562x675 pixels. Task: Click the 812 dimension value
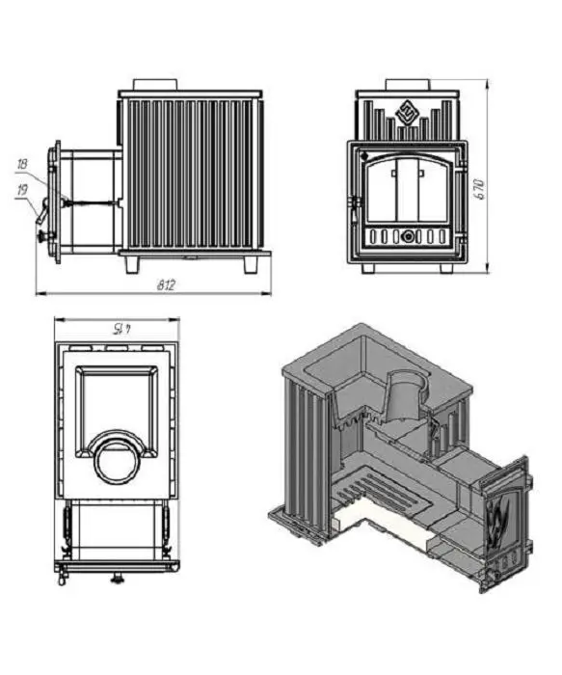(166, 285)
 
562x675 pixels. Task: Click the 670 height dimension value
(481, 189)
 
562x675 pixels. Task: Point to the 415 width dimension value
(120, 330)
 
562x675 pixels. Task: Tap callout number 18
(22, 164)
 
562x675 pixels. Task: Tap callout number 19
(21, 189)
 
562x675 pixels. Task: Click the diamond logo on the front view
(407, 111)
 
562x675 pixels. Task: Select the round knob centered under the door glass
(407, 236)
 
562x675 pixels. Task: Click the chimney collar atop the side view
(155, 85)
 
